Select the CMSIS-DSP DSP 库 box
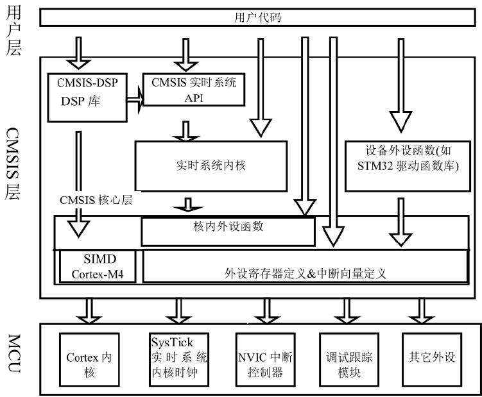point(87,96)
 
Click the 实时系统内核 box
point(210,165)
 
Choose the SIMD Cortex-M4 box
point(99,266)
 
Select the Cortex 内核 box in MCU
point(90,357)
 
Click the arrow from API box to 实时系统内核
point(187,130)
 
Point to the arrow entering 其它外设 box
point(420,313)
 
